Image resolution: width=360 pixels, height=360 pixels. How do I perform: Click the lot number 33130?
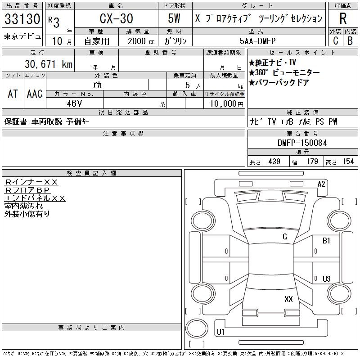[22, 19]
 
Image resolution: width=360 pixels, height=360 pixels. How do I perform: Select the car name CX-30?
[116, 18]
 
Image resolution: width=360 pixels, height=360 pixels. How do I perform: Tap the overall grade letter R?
[343, 18]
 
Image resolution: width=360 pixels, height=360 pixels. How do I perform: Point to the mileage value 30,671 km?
[49, 64]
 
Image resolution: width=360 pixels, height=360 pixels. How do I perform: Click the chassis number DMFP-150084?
[302, 143]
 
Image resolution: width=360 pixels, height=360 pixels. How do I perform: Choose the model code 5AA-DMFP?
[257, 41]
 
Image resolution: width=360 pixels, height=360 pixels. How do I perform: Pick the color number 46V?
[74, 103]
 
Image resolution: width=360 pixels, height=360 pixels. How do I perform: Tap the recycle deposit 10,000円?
[226, 104]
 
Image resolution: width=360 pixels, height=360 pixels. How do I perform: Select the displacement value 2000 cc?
[141, 41]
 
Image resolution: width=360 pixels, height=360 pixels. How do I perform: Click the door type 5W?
[174, 18]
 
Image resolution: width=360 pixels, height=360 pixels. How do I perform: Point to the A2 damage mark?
[321, 184]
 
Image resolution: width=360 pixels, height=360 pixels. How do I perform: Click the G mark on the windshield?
[285, 237]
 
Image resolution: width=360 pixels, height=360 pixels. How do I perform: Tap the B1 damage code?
[326, 241]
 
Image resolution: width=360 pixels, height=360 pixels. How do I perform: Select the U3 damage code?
[327, 279]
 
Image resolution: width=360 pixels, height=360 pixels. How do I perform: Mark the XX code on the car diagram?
[288, 299]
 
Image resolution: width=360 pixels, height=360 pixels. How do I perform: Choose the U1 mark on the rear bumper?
[220, 332]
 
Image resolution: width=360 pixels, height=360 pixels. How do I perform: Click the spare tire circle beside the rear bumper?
[197, 328]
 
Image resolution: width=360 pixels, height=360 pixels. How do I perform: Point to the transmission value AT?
[13, 94]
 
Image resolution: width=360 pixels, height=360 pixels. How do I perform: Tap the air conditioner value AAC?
[35, 94]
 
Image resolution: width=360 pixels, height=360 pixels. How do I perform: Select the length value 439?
[274, 162]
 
